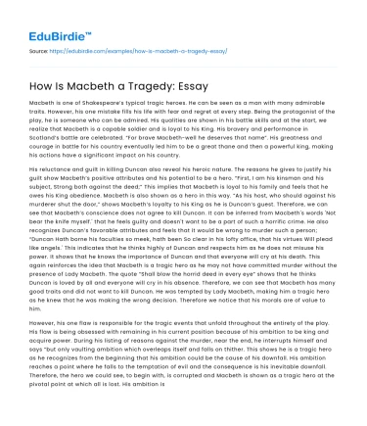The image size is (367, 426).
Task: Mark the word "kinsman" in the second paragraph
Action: pos(285,176)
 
